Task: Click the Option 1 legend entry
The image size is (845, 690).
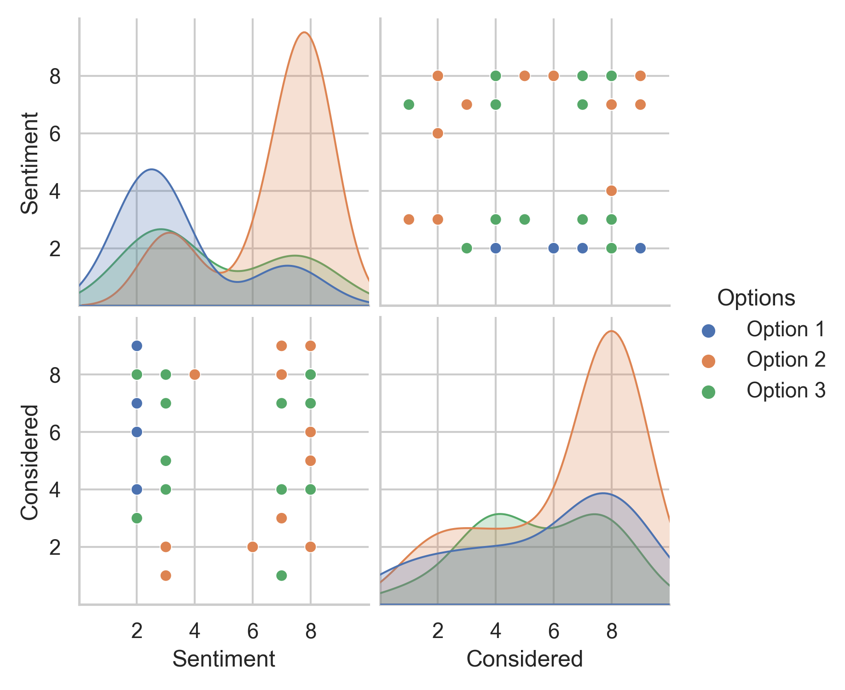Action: [x=785, y=329]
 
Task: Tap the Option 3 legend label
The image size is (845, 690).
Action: [x=785, y=391]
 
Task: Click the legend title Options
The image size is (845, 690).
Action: [x=756, y=298]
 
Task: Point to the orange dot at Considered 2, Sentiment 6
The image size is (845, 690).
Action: [x=438, y=133]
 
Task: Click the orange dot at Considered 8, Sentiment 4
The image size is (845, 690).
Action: [x=611, y=190]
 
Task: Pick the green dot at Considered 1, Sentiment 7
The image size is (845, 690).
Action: [x=409, y=104]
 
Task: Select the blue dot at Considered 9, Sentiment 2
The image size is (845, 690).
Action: [x=640, y=248]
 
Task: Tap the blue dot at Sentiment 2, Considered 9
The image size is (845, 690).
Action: [x=137, y=345]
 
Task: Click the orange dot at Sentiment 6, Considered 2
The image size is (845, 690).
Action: [x=253, y=546]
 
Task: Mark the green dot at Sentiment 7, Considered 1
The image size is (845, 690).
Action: [x=282, y=575]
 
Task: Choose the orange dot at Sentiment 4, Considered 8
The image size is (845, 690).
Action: [x=195, y=374]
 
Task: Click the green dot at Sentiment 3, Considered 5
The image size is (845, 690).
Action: [x=166, y=460]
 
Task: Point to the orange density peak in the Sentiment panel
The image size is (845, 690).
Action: [x=304, y=32]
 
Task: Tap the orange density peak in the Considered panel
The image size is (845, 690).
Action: [x=611, y=331]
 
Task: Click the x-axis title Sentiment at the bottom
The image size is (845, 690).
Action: [x=224, y=659]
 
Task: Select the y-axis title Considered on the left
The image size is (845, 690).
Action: [x=30, y=462]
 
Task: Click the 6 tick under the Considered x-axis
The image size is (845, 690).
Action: [x=553, y=631]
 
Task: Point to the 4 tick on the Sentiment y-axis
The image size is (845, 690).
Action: [x=55, y=190]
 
